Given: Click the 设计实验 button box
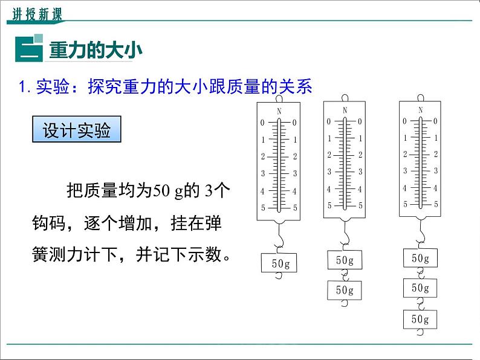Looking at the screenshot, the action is [76, 130].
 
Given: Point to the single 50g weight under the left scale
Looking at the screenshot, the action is [279, 263].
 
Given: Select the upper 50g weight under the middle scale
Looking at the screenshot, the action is [345, 260].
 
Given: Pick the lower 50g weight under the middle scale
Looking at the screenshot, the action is [345, 290].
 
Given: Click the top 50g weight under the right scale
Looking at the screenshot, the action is [421, 258].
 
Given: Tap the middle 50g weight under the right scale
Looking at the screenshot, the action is [421, 288].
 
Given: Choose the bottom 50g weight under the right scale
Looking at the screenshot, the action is [421, 320].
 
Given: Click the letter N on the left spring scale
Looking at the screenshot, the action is [279, 111].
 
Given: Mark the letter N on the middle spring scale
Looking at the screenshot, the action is [345, 110].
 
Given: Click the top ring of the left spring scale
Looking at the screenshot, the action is [279, 98].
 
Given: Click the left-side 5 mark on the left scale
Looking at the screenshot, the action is [263, 208].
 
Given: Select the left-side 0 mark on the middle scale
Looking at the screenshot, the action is [329, 121].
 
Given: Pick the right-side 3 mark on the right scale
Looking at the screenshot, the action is [436, 171].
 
